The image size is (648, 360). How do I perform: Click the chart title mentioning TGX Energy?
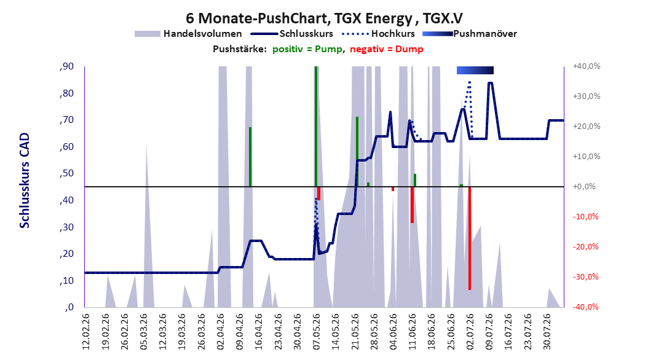[324, 18]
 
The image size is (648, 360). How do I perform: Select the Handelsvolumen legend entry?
[188, 34]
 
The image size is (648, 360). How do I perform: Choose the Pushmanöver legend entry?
[470, 34]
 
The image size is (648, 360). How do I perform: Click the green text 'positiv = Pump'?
[307, 49]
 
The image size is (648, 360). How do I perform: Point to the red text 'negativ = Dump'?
[387, 49]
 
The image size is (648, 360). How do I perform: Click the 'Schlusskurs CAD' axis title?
[25, 181]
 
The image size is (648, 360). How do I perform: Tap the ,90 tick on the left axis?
[66, 66]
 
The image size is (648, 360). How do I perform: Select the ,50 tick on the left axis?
[66, 173]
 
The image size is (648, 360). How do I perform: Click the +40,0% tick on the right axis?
[587, 66]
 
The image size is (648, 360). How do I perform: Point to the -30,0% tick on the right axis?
[587, 276]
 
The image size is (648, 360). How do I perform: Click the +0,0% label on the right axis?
[584, 187]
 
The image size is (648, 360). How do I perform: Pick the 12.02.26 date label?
[86, 332]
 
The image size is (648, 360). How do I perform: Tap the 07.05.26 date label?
[317, 332]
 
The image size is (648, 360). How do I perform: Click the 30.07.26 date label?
[547, 332]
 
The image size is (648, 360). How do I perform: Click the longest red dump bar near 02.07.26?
[470, 238]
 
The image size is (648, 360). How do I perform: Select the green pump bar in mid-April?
[250, 157]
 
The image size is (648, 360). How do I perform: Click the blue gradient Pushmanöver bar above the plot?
[475, 70]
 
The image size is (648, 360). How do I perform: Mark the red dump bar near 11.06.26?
[412, 205]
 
